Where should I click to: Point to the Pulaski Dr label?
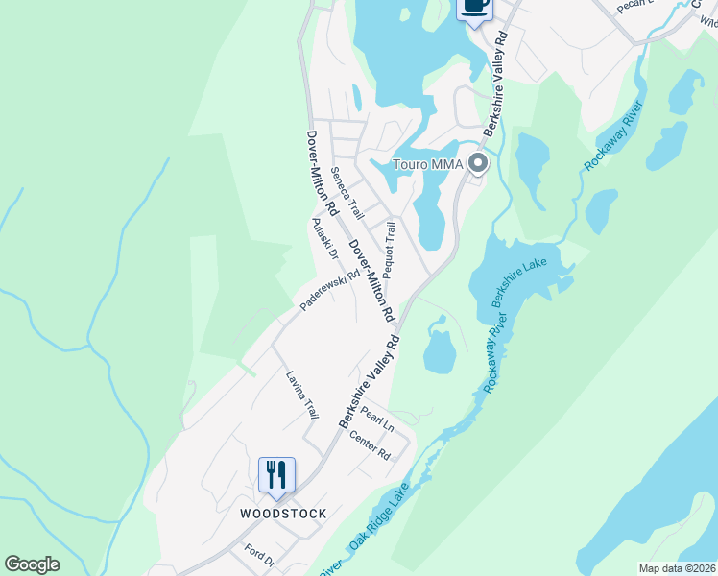pos(324,239)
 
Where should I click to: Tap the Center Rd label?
pos(371,444)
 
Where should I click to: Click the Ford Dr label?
pos(259,555)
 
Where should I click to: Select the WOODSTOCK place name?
pos(283,514)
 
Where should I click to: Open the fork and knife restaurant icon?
pos(276,474)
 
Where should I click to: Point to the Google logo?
pos(32,564)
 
